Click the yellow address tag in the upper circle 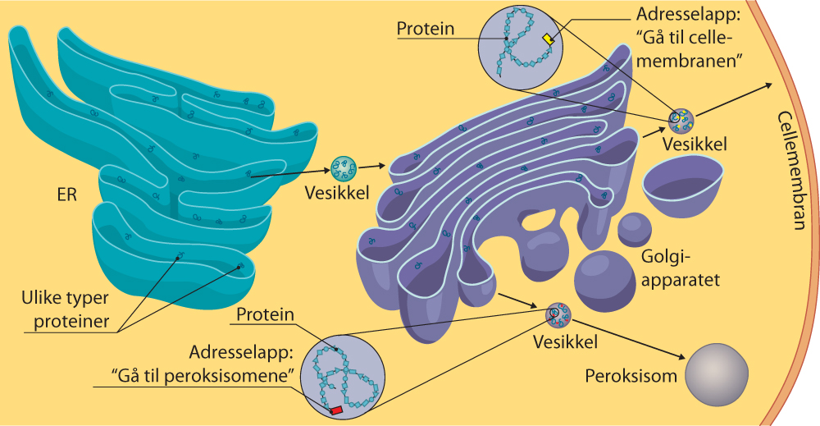(549, 39)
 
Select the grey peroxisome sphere (717, 372)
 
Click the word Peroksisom (631, 377)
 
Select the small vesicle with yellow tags (681, 121)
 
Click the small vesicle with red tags (558, 314)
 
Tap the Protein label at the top (425, 29)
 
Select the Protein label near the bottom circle (264, 315)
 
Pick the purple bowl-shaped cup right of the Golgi (682, 187)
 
